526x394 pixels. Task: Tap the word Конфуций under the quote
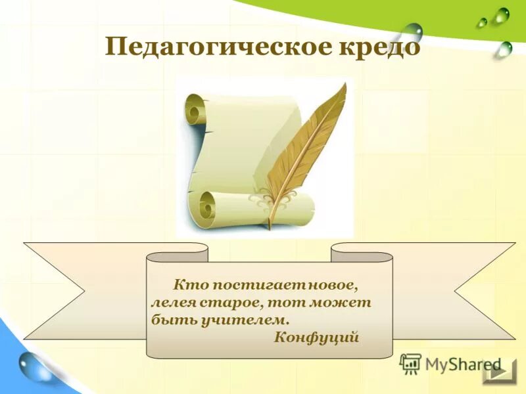tap(316, 338)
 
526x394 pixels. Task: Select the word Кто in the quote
tap(187, 286)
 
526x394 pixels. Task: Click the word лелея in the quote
tap(170, 303)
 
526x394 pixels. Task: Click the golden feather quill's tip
tap(269, 226)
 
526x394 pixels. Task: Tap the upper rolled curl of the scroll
tap(196, 109)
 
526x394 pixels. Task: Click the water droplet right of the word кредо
tap(412, 31)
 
